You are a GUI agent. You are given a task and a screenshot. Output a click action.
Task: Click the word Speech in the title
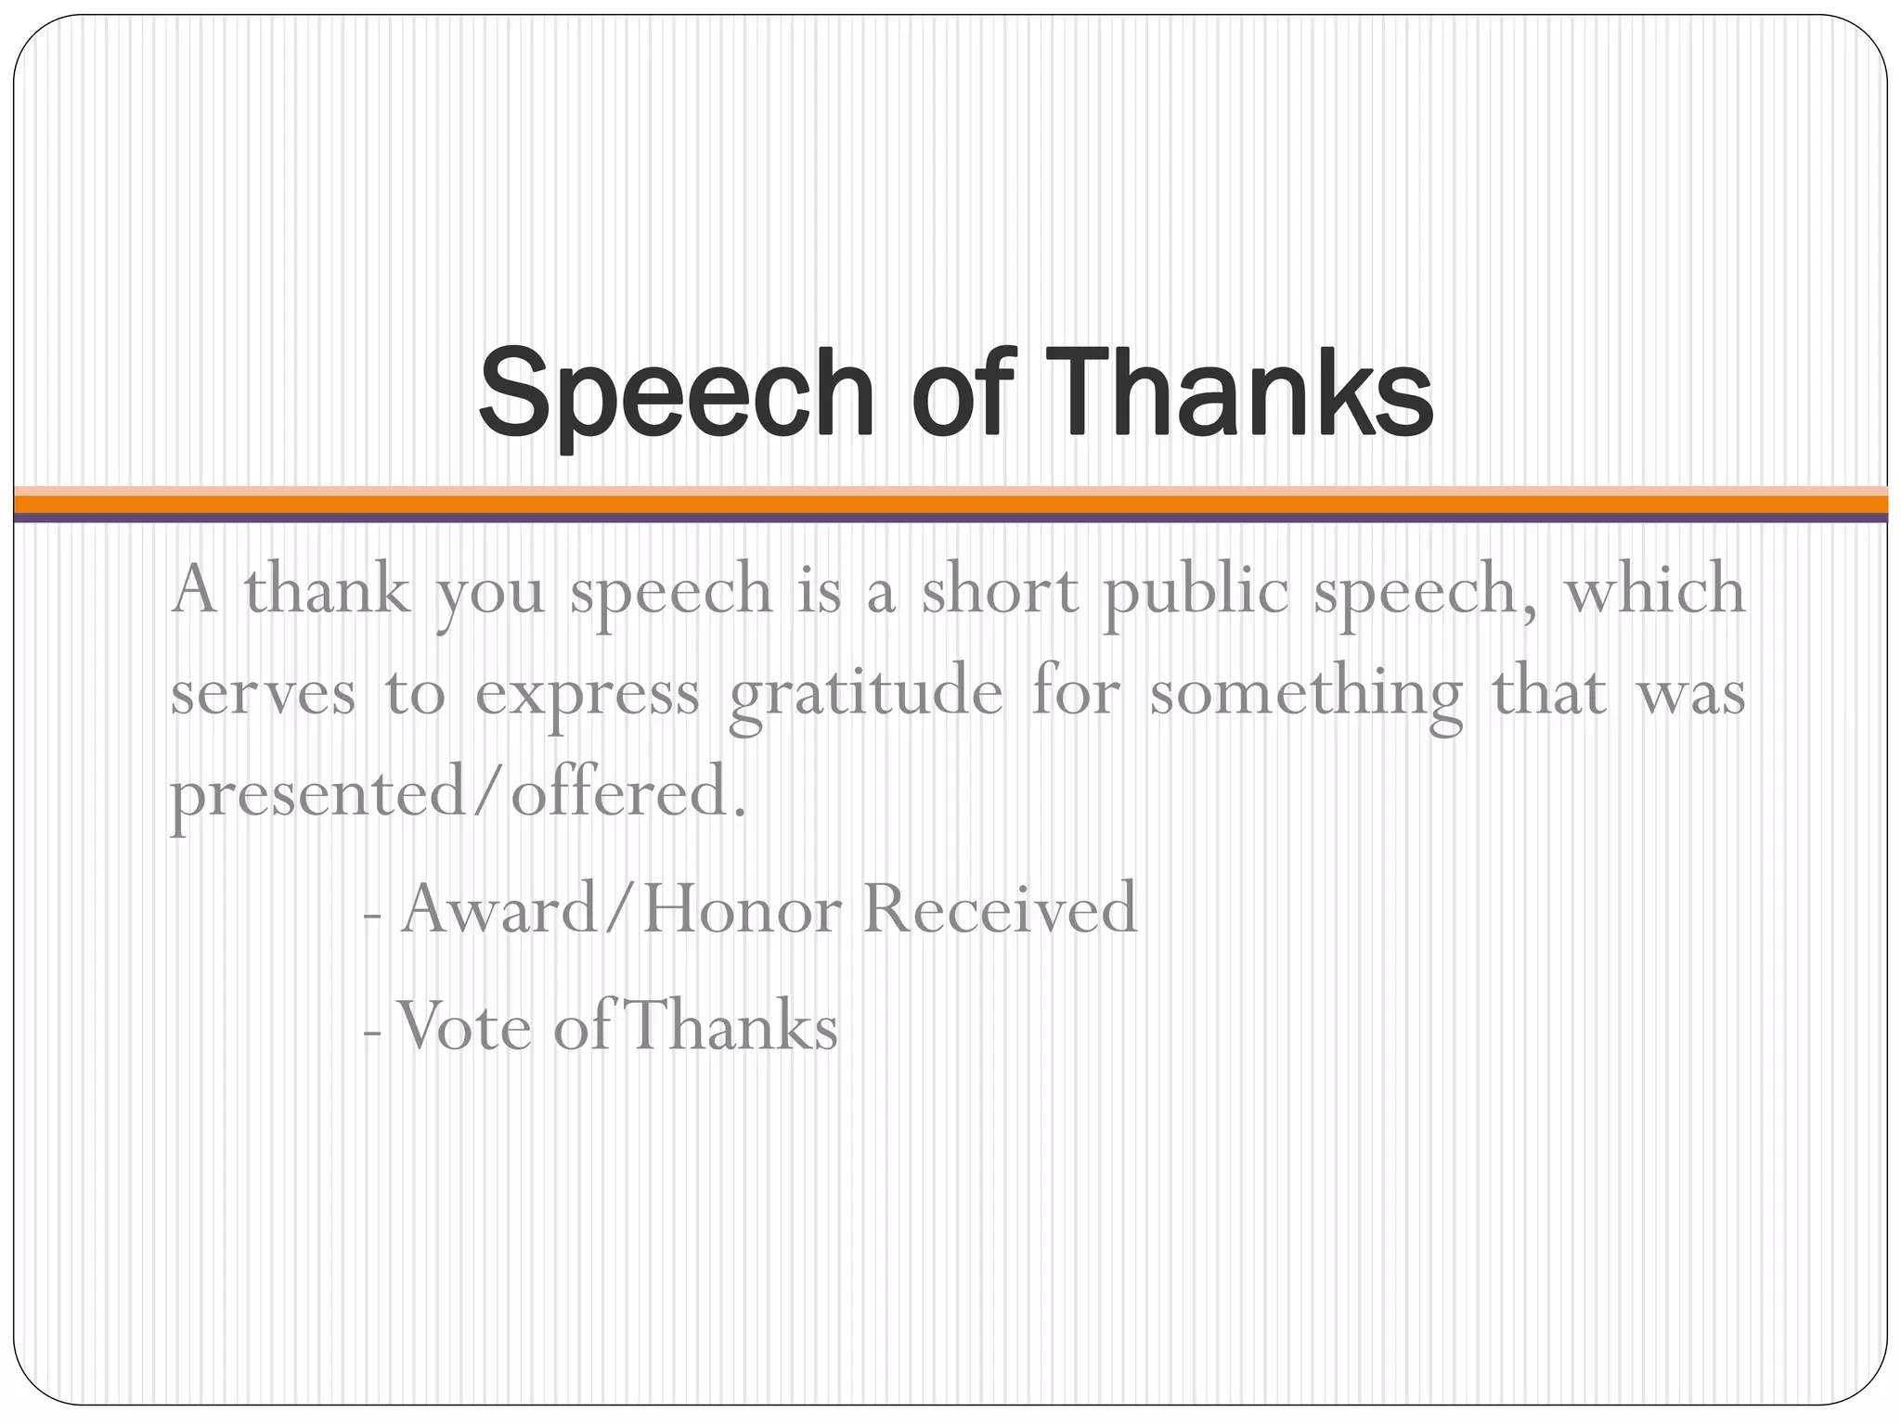[x=677, y=392]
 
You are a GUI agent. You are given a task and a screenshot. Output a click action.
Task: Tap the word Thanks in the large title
[x=1244, y=392]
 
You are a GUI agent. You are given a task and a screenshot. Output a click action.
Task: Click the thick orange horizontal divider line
[x=950, y=504]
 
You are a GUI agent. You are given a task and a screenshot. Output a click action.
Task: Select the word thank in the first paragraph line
[x=328, y=590]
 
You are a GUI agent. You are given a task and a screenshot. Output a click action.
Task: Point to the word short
[x=1000, y=590]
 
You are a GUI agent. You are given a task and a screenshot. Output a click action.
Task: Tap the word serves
[x=263, y=694]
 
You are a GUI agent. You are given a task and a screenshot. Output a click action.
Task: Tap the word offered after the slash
[x=628, y=794]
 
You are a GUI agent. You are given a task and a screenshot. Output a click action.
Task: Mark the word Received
[x=1000, y=909]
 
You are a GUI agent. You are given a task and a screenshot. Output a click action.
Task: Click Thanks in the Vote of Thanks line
[x=729, y=1026]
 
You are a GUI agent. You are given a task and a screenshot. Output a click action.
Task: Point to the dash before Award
[x=372, y=914]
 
